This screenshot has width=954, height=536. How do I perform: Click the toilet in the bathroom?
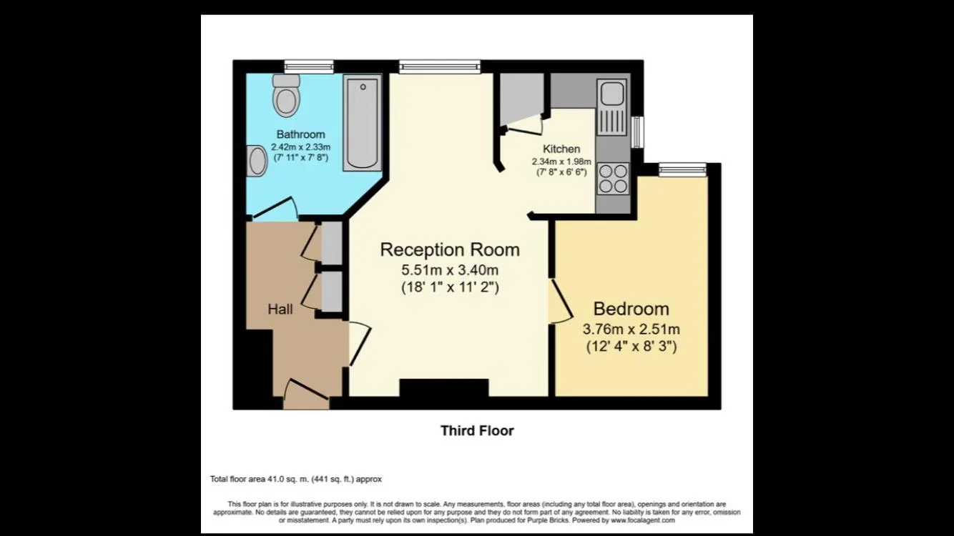coord(286,95)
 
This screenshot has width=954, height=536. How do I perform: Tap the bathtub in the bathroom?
coord(363,123)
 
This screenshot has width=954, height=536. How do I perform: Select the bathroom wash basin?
coord(257,161)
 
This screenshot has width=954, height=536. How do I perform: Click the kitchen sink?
coord(612,107)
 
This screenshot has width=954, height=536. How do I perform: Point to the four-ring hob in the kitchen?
coord(613,179)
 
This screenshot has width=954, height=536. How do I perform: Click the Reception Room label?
coord(450,249)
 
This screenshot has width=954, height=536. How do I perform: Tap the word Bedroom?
coord(631,309)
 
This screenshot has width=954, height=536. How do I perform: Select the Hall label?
coord(280,309)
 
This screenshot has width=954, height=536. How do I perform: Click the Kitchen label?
coord(561,149)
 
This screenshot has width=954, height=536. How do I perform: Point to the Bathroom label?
coord(300,134)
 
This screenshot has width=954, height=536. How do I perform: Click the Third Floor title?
coord(477,431)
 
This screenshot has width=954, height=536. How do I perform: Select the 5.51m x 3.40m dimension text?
coord(450,270)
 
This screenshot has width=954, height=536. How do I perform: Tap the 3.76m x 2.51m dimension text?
coord(631,329)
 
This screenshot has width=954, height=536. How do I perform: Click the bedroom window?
coord(683,170)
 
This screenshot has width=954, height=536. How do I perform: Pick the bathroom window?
coord(309,66)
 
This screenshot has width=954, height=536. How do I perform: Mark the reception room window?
coord(440,66)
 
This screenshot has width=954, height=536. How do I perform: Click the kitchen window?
coord(637,132)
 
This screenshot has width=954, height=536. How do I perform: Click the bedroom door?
coord(561,301)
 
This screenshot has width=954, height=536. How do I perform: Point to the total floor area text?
coord(296,479)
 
